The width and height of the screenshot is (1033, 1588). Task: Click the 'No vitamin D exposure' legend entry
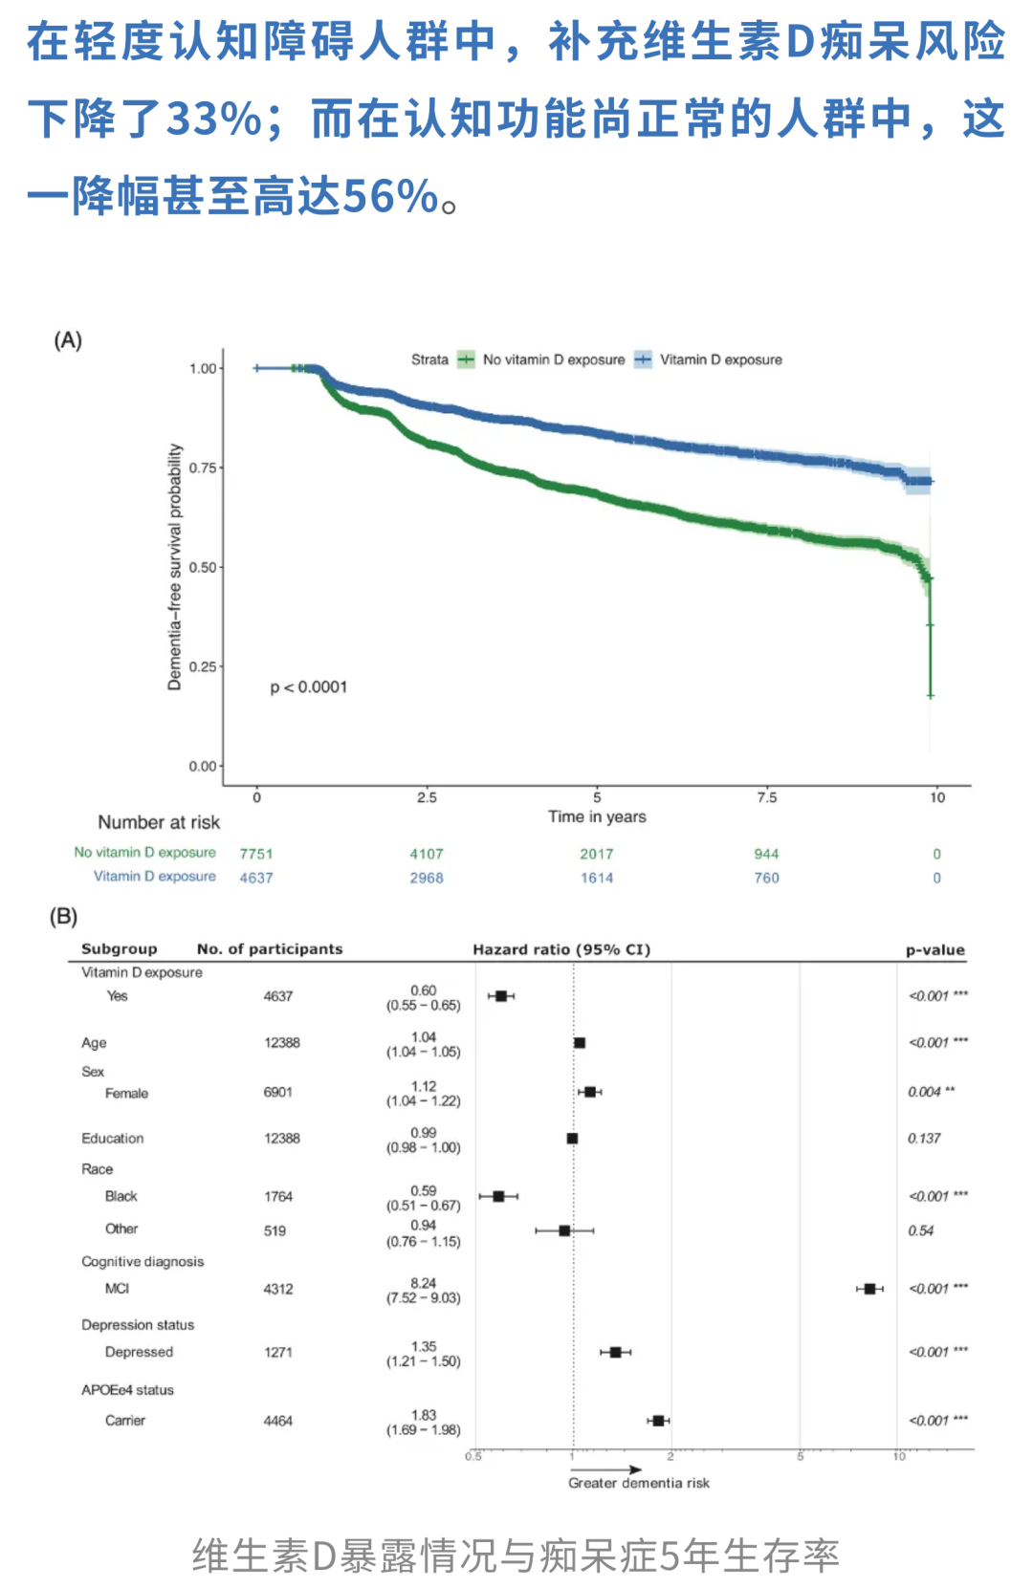point(553,359)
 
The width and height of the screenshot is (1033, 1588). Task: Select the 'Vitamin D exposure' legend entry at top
point(720,359)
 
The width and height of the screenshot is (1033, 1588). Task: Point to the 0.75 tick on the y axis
point(203,468)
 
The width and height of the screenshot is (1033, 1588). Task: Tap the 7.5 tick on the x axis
point(767,797)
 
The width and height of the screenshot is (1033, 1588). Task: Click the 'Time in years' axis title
point(597,816)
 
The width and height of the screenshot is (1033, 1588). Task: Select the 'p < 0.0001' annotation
point(308,687)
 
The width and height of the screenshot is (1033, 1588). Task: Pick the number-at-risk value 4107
point(427,854)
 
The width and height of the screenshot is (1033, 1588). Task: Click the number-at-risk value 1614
point(597,878)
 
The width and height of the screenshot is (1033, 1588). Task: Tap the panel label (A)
point(68,340)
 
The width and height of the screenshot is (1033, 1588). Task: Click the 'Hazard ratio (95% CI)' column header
point(561,949)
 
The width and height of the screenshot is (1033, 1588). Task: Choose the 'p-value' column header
point(934,949)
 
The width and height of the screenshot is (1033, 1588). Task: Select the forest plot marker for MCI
point(869,1289)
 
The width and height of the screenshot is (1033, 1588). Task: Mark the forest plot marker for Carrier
point(658,1421)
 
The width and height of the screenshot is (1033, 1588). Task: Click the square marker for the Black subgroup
point(498,1196)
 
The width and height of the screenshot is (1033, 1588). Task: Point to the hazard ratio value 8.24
point(423,1283)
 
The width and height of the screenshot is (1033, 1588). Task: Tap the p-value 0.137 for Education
point(924,1138)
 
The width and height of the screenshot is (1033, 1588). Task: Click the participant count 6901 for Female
point(278,1092)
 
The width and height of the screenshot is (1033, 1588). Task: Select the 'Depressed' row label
point(139,1352)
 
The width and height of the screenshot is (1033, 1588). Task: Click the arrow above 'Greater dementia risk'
point(606,1469)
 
